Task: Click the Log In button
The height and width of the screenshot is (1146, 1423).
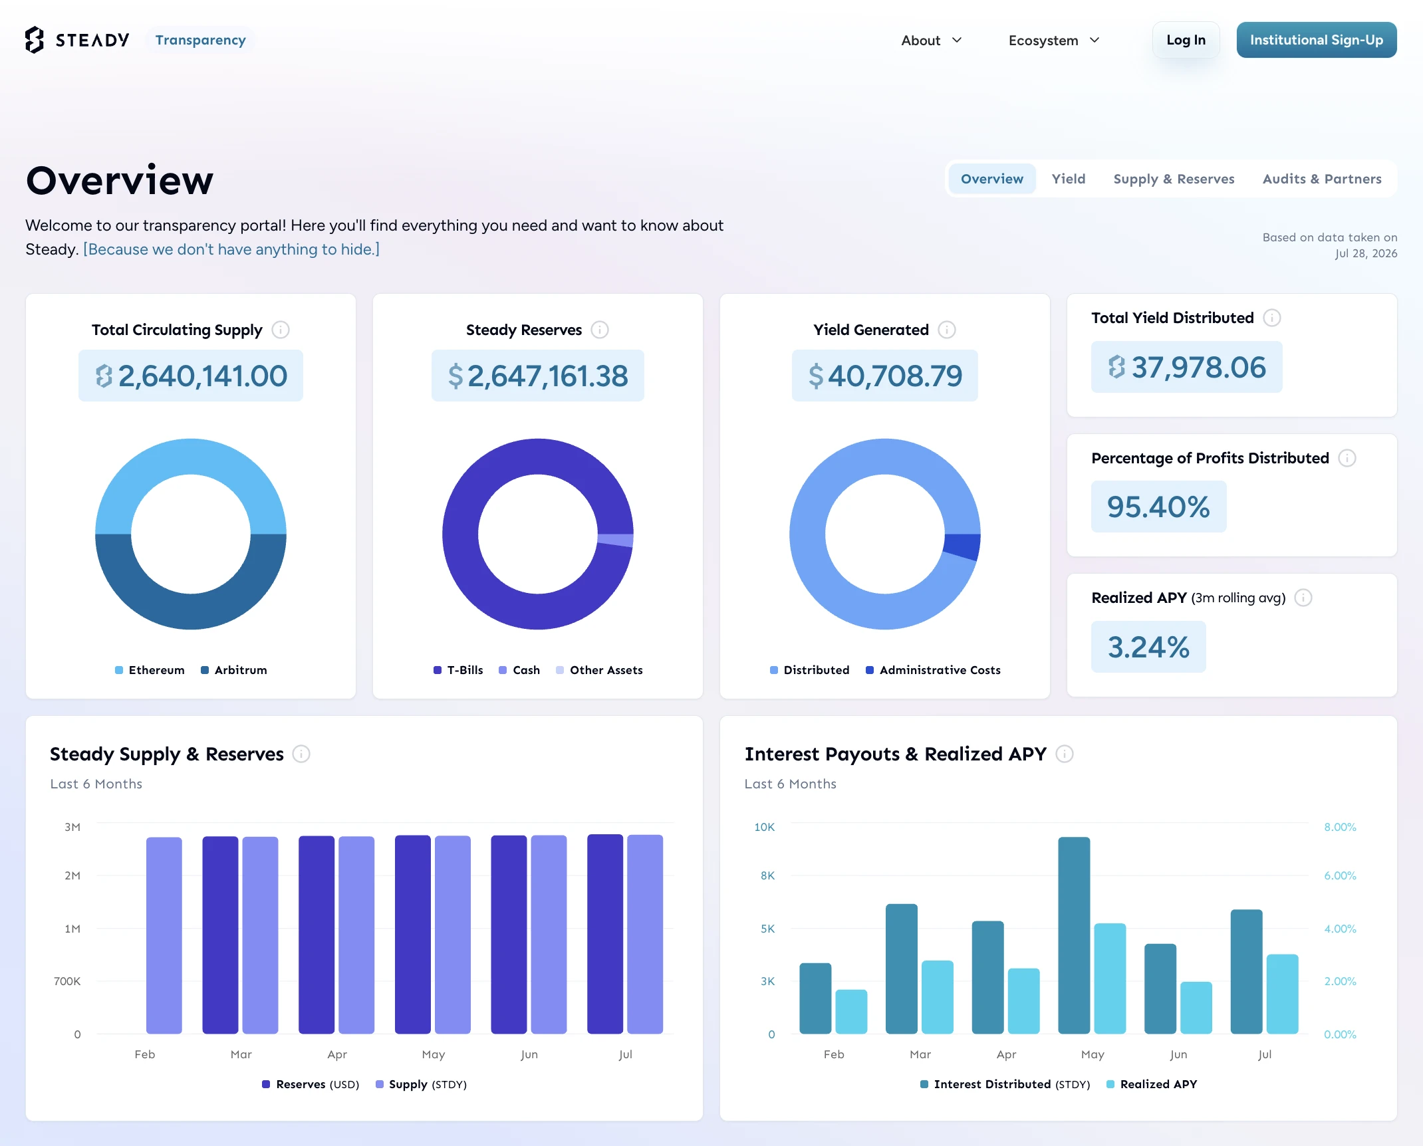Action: [x=1186, y=40]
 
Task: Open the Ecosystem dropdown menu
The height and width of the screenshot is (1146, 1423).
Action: [x=1054, y=41]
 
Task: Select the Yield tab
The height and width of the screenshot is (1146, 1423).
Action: [x=1068, y=179]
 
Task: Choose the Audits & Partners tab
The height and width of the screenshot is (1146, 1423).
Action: [x=1322, y=179]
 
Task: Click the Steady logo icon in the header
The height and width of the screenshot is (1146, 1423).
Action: [x=35, y=40]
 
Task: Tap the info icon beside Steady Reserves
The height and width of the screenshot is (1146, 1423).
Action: [x=600, y=330]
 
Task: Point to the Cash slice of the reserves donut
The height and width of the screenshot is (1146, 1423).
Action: [x=616, y=540]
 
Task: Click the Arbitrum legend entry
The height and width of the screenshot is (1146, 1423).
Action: [x=234, y=670]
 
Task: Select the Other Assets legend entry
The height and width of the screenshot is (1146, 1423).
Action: [x=599, y=670]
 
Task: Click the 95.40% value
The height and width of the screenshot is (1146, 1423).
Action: [x=1158, y=507]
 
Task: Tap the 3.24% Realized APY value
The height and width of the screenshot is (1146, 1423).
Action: [x=1148, y=647]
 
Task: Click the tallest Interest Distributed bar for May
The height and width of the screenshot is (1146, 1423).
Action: [x=1074, y=935]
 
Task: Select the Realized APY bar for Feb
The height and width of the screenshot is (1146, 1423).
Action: [x=851, y=1012]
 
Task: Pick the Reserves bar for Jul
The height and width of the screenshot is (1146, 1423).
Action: [x=605, y=934]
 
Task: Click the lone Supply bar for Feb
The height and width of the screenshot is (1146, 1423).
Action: [x=164, y=935]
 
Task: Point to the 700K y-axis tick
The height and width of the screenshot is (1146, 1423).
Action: [x=67, y=981]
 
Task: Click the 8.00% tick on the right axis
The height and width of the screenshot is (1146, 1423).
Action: [x=1340, y=827]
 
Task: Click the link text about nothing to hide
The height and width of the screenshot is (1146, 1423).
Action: [x=231, y=249]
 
